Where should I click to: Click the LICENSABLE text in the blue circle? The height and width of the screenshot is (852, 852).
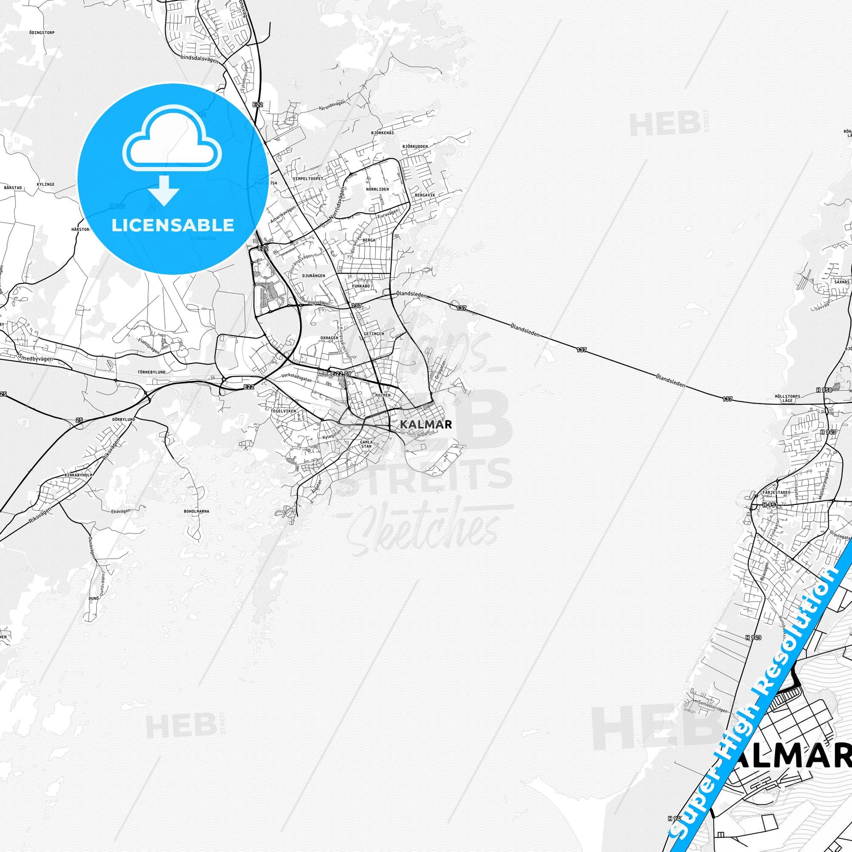click(x=173, y=225)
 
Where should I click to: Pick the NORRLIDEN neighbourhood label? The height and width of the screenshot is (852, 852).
click(x=377, y=189)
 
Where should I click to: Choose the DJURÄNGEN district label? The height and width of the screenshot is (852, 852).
click(x=313, y=276)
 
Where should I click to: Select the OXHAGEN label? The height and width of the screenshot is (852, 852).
click(x=329, y=338)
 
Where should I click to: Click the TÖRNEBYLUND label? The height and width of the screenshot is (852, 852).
click(x=151, y=372)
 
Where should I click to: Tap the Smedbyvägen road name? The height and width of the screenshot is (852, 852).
click(x=36, y=358)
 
